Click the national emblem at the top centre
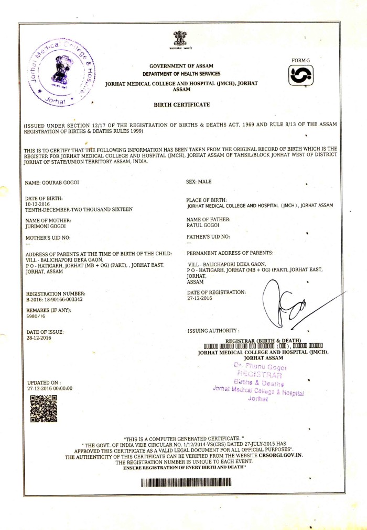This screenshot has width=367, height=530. (180, 40)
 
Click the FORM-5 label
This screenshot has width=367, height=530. (301, 61)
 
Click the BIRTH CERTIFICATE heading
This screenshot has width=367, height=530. (181, 105)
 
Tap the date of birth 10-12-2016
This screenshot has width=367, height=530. (38, 204)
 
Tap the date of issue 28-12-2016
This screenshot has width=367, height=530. (38, 339)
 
